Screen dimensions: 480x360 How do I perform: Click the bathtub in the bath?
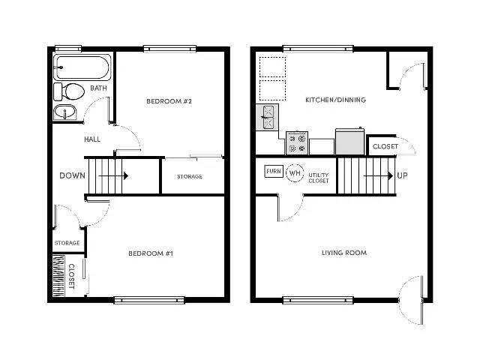pyautogui.click(x=82, y=67)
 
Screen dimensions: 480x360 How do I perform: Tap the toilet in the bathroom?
pyautogui.click(x=69, y=91)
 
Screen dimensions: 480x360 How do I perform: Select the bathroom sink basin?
pyautogui.click(x=65, y=112)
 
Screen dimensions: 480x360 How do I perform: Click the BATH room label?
pyautogui.click(x=98, y=88)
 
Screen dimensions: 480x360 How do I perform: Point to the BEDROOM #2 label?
pyautogui.click(x=169, y=101)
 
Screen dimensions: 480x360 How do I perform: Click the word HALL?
pyautogui.click(x=92, y=139)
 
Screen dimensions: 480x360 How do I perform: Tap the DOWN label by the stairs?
pyautogui.click(x=72, y=175)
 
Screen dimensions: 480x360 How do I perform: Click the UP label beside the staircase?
pyautogui.click(x=402, y=175)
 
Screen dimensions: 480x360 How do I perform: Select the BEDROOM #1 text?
pyautogui.click(x=151, y=253)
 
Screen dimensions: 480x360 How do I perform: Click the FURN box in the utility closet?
pyautogui.click(x=274, y=171)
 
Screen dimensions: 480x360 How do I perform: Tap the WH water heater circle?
pyautogui.click(x=295, y=173)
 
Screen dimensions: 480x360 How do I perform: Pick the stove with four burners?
pyautogui.click(x=297, y=143)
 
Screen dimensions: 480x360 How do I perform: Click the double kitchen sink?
pyautogui.click(x=267, y=117)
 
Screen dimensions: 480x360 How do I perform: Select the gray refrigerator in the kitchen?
pyautogui.click(x=350, y=142)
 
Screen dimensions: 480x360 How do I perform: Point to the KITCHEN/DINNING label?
pyautogui.click(x=335, y=100)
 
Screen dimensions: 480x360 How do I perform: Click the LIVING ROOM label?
pyautogui.click(x=344, y=253)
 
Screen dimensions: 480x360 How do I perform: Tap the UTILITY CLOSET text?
pyautogui.click(x=319, y=178)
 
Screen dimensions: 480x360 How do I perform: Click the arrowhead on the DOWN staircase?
pyautogui.click(x=126, y=175)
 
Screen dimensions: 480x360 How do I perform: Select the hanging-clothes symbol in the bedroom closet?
pyautogui.click(x=58, y=276)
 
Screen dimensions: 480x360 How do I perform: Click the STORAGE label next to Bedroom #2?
pyautogui.click(x=190, y=177)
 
